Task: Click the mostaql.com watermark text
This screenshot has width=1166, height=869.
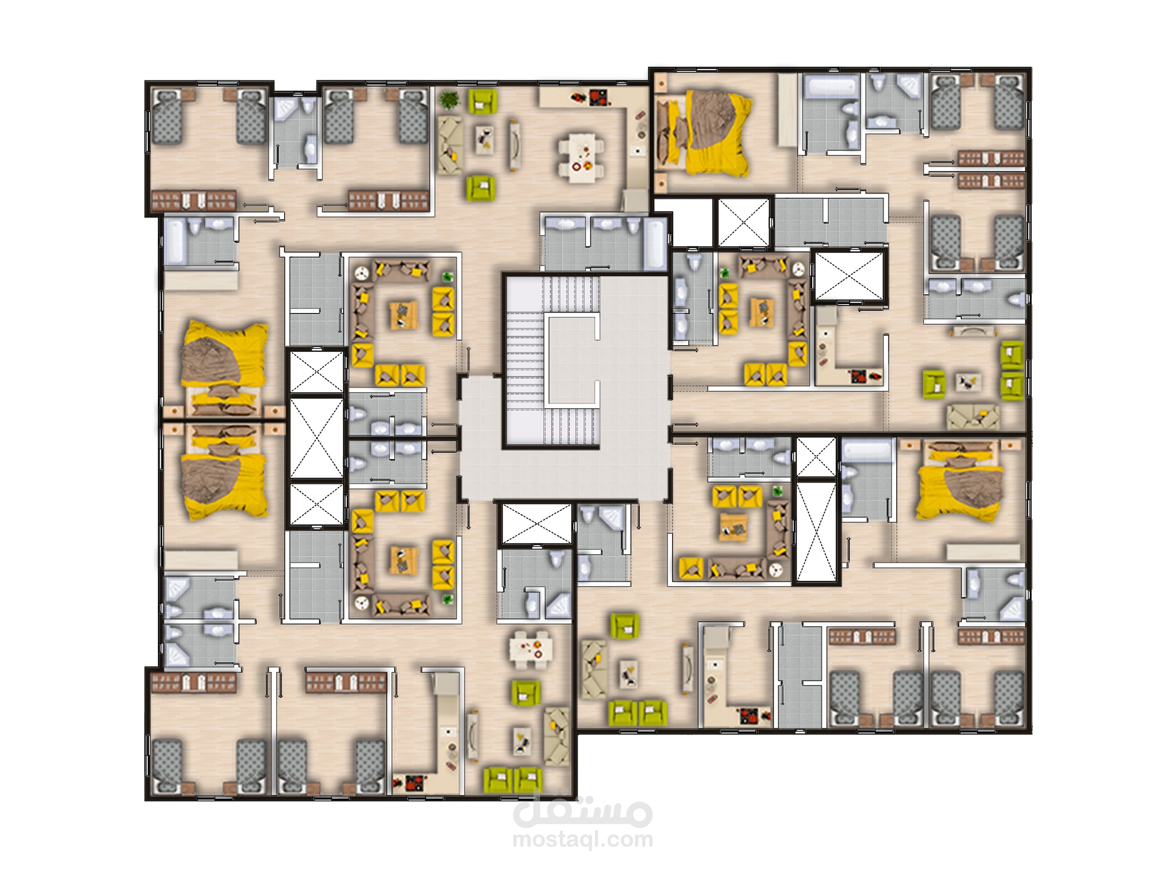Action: coord(583,839)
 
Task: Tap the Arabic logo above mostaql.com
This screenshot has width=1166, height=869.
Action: coord(583,810)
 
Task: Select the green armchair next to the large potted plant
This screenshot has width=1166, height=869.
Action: coord(482,101)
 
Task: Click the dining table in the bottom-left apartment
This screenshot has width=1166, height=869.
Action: coord(531,649)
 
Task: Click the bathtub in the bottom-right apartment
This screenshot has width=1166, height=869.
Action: coord(867,453)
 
